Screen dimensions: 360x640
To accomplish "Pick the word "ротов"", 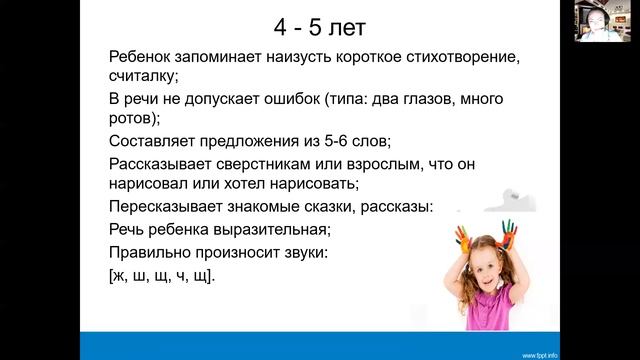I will coord(132,117).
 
